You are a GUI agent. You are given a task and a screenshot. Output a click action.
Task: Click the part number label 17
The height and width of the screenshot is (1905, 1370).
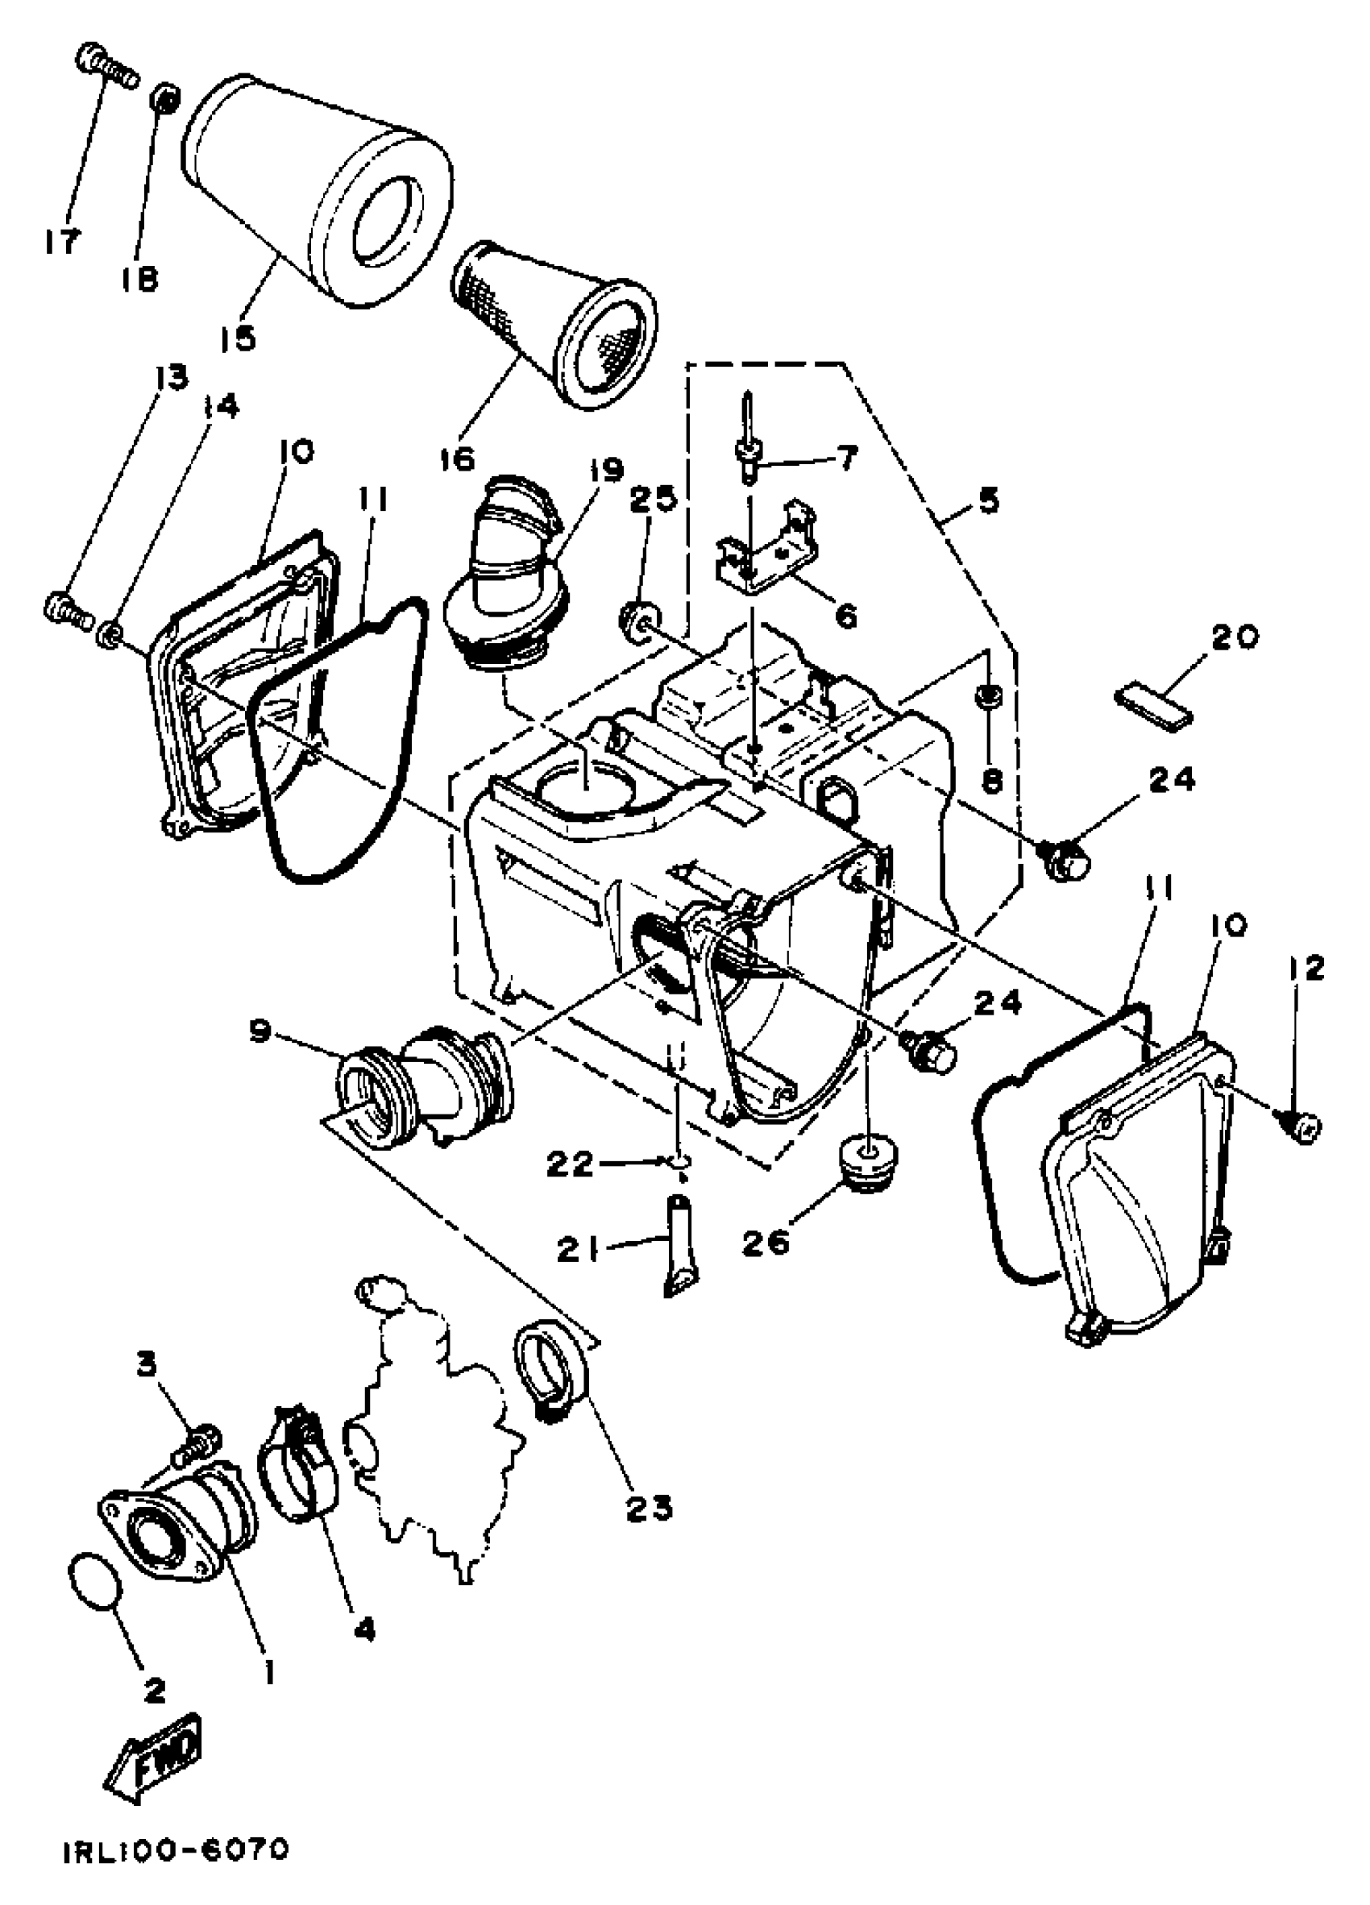pyautogui.click(x=60, y=242)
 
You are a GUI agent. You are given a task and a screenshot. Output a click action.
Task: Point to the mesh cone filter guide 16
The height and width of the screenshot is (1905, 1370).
pyautogui.click(x=558, y=323)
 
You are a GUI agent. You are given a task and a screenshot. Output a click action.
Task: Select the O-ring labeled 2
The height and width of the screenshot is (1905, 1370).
pyautogui.click(x=93, y=1582)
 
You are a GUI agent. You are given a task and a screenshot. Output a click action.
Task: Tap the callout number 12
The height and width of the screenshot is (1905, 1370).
pyautogui.click(x=1302, y=969)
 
